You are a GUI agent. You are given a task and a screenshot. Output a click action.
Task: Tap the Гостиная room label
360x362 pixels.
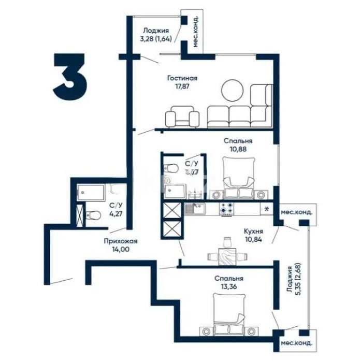pyautogui.click(x=182, y=78)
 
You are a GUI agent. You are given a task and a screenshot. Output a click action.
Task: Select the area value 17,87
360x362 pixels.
pyautogui.click(x=182, y=87)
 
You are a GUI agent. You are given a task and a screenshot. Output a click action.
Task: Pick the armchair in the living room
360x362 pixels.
pyautogui.click(x=181, y=117)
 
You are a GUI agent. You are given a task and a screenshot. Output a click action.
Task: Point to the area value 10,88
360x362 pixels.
pyautogui.click(x=238, y=149)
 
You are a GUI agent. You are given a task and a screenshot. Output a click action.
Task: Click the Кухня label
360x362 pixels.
pyautogui.click(x=254, y=231)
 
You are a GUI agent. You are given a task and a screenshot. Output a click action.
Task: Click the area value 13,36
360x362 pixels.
pyautogui.click(x=228, y=287)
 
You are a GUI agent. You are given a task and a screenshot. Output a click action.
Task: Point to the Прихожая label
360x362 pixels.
pyautogui.click(x=120, y=241)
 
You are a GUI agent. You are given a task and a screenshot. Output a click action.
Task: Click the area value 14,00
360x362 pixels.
pyautogui.click(x=120, y=249)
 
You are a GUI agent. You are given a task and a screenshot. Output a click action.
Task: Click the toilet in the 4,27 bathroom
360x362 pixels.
pyautogui.click(x=93, y=214)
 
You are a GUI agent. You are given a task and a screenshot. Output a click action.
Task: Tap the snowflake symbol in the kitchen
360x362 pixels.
pyautogui.click(x=267, y=209)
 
